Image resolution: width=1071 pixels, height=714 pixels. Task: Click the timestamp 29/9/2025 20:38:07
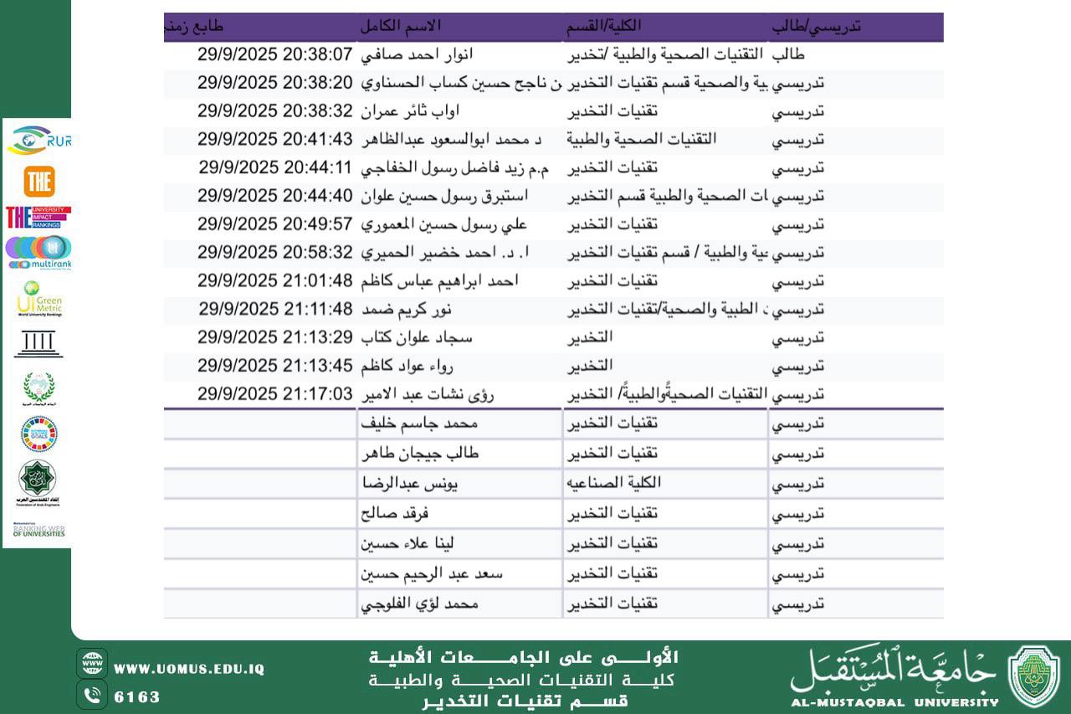tap(275, 55)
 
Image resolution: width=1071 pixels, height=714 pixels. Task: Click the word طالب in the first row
tap(787, 55)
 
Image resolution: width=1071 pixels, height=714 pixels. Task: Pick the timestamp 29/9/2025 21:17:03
tap(275, 394)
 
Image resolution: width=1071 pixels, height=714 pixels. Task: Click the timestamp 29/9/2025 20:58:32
tap(275, 252)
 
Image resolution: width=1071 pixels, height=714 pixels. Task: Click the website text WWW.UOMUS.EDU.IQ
tap(189, 669)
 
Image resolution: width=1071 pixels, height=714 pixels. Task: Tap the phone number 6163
tap(136, 696)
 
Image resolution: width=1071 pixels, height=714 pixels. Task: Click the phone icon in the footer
tap(92, 695)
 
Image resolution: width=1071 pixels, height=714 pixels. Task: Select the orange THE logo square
tap(39, 182)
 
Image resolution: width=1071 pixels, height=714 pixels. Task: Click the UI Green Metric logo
tap(38, 299)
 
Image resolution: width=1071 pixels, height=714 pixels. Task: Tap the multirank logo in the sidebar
tap(38, 252)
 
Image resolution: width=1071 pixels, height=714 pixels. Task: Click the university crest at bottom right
tap(1033, 676)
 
